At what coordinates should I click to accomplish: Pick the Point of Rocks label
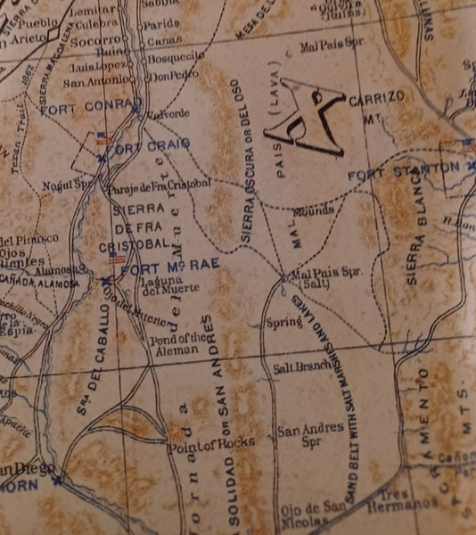click(x=211, y=441)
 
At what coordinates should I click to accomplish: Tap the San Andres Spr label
click(x=310, y=433)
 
